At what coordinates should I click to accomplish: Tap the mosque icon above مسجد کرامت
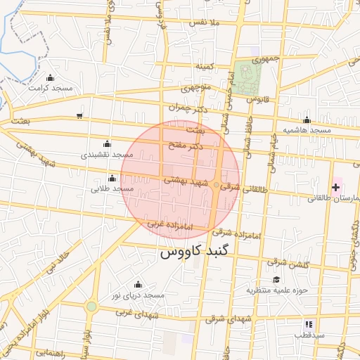(x=49, y=78)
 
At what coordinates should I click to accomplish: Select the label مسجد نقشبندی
(x=107, y=154)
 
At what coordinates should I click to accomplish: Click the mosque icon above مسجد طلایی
(x=112, y=178)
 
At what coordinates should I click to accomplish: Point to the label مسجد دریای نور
(x=139, y=295)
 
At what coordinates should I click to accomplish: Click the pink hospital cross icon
(x=335, y=187)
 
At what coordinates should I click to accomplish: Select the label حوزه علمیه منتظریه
(x=278, y=290)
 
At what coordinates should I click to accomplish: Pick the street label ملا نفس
(x=206, y=22)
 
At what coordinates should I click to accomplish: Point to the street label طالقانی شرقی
(x=244, y=188)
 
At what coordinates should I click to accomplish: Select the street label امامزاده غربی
(x=164, y=224)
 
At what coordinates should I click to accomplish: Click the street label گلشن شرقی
(x=287, y=262)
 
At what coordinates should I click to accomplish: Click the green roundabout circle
(x=91, y=307)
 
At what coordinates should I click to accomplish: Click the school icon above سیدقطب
(x=308, y=324)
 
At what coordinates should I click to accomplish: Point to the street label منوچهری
(x=198, y=89)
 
